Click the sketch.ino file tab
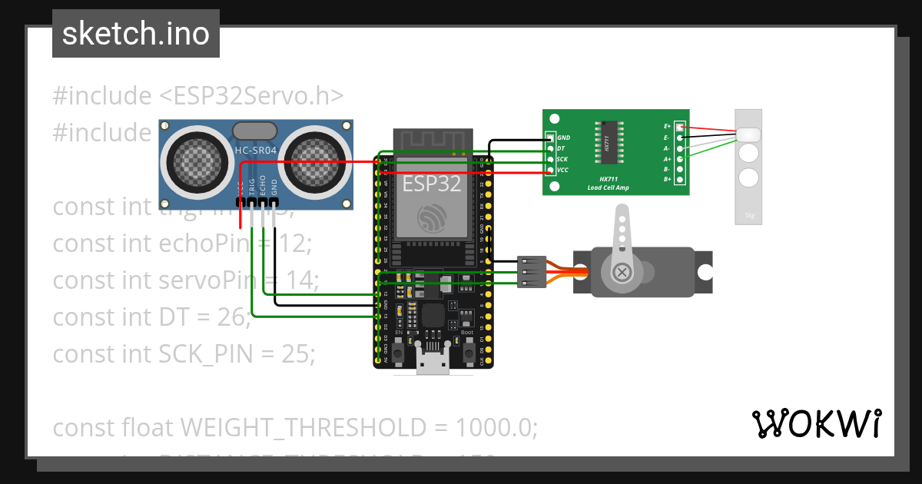click(136, 34)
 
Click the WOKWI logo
click(816, 423)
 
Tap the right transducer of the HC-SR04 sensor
click(311, 160)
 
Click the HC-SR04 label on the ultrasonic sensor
click(255, 151)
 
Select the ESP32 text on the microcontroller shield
click(433, 184)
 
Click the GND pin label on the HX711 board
click(563, 138)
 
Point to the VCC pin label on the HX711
click(562, 170)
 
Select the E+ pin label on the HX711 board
click(667, 126)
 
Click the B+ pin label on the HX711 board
click(667, 179)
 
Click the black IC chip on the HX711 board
click(606, 143)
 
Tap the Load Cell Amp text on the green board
click(609, 187)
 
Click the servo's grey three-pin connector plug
click(532, 272)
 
